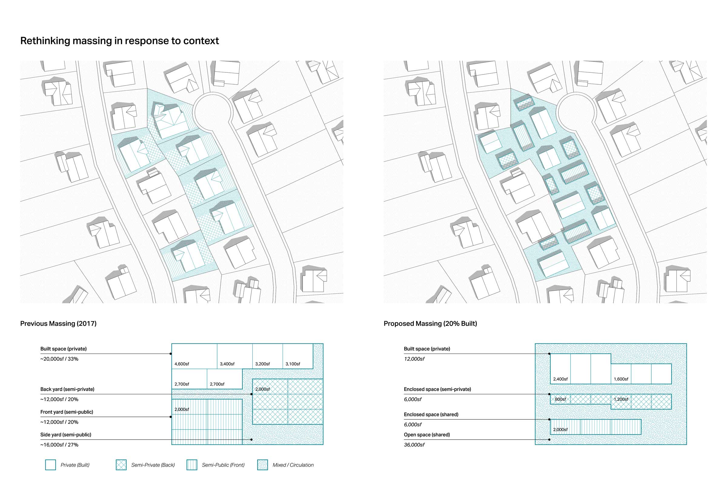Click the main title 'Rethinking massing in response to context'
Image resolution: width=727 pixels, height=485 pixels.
pos(119,41)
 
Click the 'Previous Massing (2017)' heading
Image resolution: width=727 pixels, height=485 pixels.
pos(58,323)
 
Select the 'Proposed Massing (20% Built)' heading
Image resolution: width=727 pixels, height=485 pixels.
pos(430,323)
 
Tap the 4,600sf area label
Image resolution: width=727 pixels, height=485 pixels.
pos(182,364)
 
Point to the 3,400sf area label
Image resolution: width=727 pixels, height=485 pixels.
pos(227,364)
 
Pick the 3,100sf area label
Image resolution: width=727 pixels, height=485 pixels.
pos(293,364)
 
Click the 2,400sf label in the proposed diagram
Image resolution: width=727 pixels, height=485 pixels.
pos(560,379)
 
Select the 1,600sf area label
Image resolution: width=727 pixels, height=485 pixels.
pos(621,379)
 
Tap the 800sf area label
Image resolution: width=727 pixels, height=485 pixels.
pos(560,399)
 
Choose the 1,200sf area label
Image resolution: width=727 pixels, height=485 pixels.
pos(621,399)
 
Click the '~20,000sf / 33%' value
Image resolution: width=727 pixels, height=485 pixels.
pos(59,359)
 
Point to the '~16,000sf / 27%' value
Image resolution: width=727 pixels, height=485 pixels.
pos(59,445)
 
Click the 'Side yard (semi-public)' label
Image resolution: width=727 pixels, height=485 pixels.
pos(66,435)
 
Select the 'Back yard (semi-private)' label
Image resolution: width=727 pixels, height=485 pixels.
pos(67,389)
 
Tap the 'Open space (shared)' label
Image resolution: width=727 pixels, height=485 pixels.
pos(427,435)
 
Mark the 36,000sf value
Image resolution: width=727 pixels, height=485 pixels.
pos(414,445)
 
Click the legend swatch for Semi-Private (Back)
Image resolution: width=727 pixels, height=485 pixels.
pos(121,465)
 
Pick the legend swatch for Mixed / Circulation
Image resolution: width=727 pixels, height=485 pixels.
pos(262,465)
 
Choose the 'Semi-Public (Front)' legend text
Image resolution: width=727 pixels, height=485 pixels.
pos(223,465)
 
